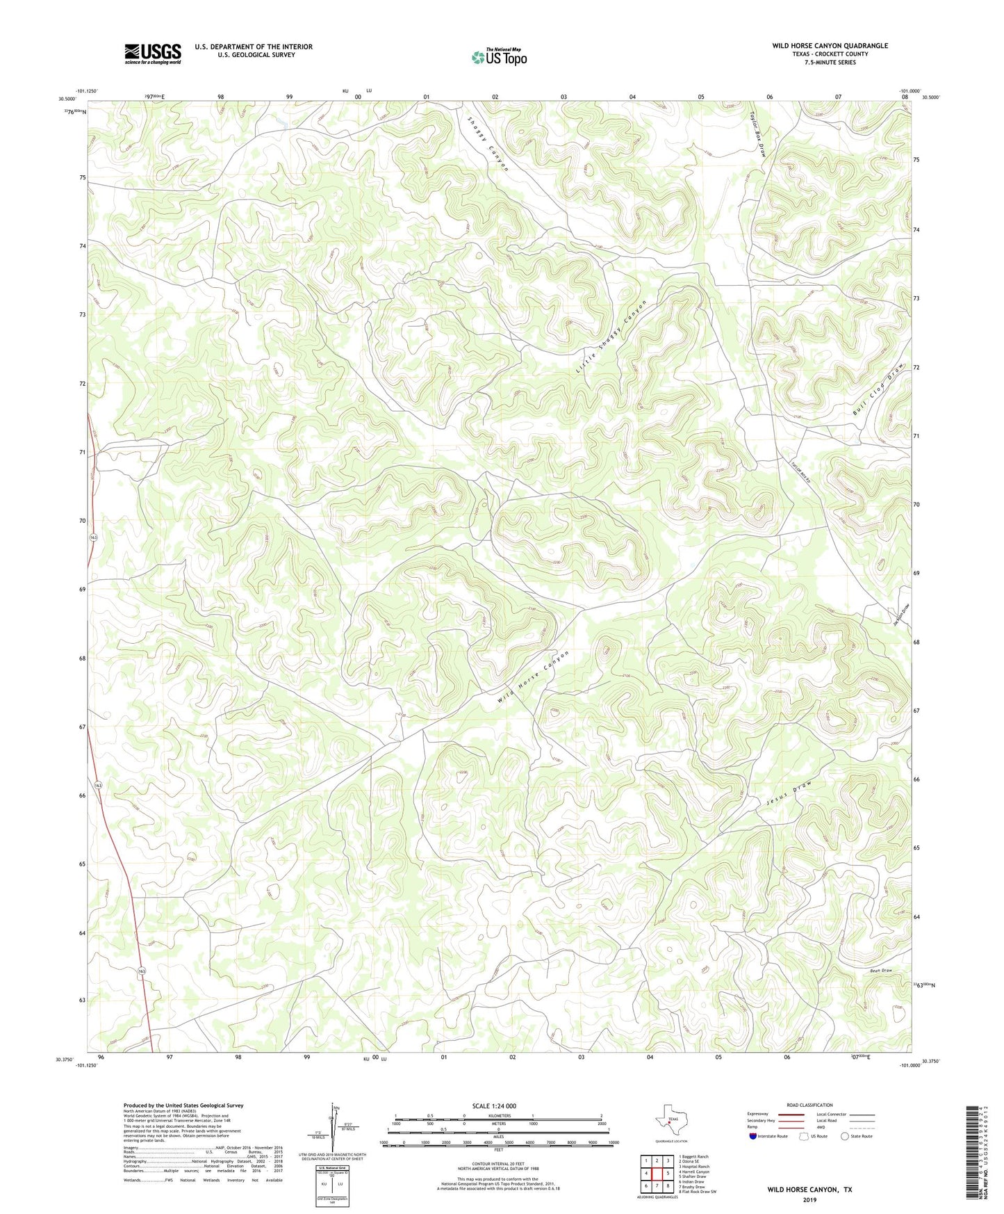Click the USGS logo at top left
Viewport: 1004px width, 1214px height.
pos(152,54)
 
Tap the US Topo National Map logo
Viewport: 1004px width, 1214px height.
pos(499,57)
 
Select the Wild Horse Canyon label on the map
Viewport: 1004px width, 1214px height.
pos(534,679)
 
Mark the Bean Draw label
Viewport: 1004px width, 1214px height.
pos(880,971)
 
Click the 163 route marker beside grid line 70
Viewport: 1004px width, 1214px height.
pos(93,538)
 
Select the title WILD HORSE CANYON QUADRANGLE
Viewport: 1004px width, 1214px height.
pos(830,46)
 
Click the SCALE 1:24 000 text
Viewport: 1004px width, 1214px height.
pos(493,1106)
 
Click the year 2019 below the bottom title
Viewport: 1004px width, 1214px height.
pos(809,1199)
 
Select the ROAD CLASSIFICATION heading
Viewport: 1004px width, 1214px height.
pos(809,1105)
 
